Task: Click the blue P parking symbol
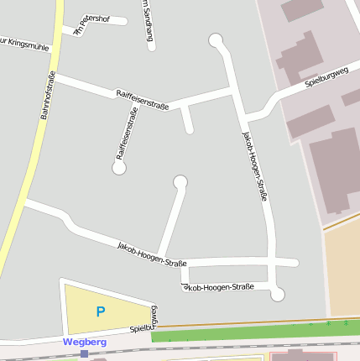[101, 312]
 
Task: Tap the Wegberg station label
[85, 342]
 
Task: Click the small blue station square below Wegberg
[84, 354]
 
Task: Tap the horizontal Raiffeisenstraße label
[143, 100]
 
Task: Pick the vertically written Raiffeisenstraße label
[127, 133]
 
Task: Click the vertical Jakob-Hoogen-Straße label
[255, 166]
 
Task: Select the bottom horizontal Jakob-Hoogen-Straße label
[218, 287]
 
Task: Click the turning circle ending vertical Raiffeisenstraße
[119, 168]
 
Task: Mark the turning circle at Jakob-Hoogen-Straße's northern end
[216, 39]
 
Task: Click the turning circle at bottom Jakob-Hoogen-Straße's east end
[278, 295]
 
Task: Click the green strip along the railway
[252, 333]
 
